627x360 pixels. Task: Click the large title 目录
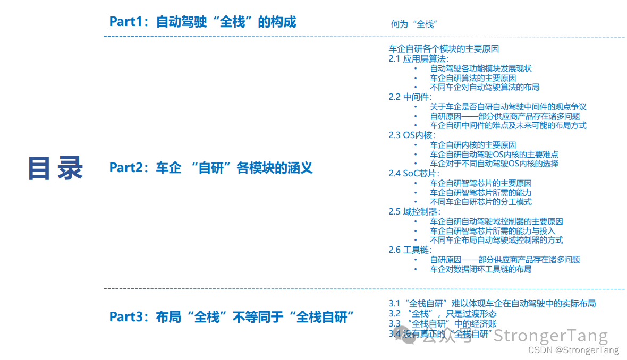coord(56,168)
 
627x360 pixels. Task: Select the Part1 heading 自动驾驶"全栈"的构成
coord(202,22)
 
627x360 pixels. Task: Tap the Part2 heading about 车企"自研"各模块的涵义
coord(211,168)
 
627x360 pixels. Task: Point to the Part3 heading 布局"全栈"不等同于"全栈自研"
coord(232,317)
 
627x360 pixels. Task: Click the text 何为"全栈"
coord(413,24)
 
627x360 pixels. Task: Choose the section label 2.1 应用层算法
coord(419,58)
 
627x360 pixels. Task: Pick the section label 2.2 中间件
coord(410,97)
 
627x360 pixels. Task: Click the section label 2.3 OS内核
coord(411,135)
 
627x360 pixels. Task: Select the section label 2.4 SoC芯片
coord(414,173)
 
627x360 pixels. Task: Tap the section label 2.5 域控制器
coord(414,211)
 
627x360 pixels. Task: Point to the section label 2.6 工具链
coord(410,250)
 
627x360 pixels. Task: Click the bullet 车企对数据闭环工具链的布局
coord(480,269)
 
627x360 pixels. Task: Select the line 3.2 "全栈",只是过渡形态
coord(443,313)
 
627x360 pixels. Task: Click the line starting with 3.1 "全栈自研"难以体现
coord(492,304)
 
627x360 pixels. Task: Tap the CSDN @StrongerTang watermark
coord(574,350)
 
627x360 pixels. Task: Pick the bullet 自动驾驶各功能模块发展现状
coord(480,68)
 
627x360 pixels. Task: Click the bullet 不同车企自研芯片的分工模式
coord(480,202)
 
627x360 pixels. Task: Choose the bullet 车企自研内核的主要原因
coord(473,145)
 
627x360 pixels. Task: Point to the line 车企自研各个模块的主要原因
coord(444,48)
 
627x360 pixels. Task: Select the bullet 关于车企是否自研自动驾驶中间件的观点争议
coord(508,107)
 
